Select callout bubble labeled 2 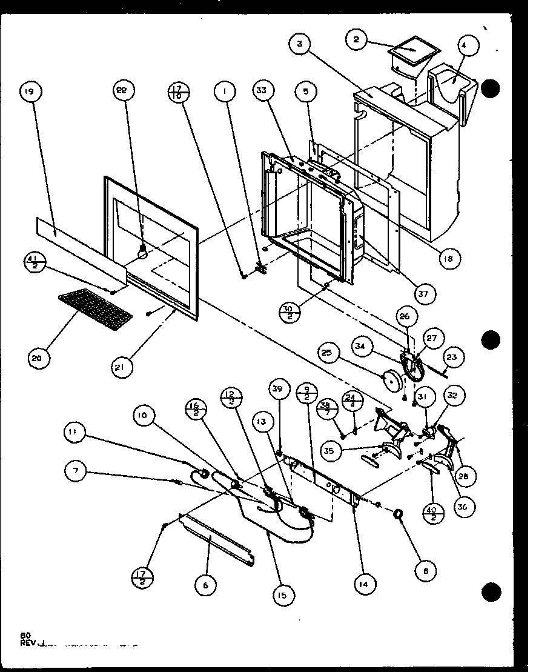point(357,41)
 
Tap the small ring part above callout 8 point(399,514)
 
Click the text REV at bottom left point(28,644)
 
